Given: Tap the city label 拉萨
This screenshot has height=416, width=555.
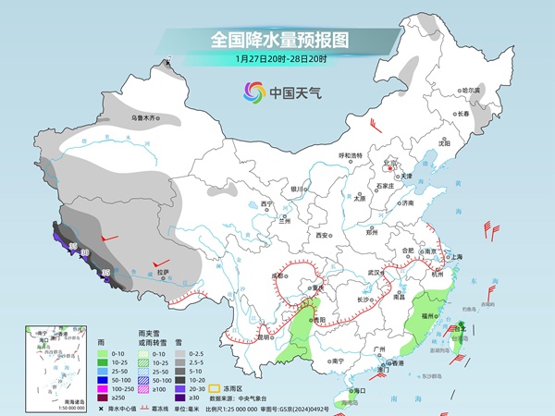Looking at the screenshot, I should (x=163, y=273).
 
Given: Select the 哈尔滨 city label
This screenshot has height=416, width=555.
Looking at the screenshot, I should (x=471, y=90).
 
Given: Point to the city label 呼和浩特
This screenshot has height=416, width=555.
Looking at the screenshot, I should (x=352, y=154).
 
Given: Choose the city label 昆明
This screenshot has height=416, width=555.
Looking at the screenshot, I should (x=240, y=336).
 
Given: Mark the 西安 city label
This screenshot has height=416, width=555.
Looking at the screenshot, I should (x=323, y=236).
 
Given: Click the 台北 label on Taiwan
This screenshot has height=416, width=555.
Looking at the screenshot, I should (x=461, y=327).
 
